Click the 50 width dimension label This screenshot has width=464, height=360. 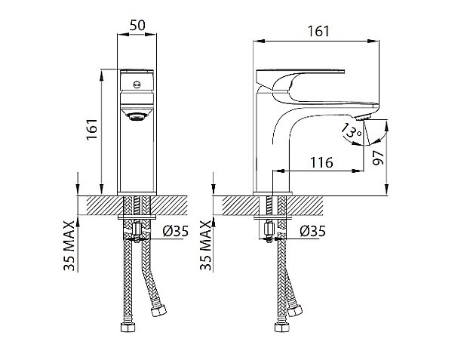137,26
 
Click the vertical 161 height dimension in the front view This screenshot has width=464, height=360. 92,129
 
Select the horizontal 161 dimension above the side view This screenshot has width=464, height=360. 318,32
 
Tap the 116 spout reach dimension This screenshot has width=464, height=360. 321,162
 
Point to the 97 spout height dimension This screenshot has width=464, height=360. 378,158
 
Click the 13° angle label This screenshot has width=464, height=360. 351,131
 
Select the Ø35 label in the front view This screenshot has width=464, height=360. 175,231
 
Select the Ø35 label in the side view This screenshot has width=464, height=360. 312,231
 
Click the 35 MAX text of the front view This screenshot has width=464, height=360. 69,246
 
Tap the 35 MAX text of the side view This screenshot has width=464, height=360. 206,246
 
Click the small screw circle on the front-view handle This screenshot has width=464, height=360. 137,85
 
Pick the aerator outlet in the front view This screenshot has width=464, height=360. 137,117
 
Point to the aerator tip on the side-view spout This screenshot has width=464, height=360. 362,118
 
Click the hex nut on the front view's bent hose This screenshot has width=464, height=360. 158,310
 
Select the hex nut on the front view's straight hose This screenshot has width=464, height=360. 128,327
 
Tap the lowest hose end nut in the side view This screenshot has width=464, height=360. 282,327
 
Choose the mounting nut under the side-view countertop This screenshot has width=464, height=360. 269,229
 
